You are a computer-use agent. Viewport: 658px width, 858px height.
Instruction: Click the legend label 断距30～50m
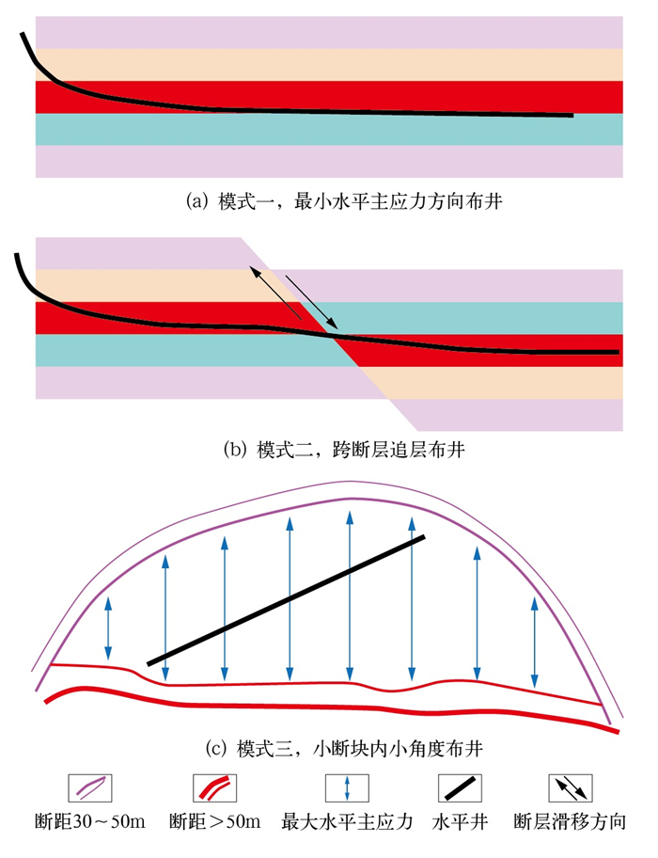click(x=90, y=822)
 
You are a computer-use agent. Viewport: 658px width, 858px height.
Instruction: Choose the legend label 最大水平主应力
click(x=347, y=822)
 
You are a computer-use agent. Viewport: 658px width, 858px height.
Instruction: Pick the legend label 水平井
click(x=460, y=822)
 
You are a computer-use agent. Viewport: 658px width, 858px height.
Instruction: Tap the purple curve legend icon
click(x=90, y=787)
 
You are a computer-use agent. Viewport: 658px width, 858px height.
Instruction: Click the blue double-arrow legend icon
click(x=348, y=787)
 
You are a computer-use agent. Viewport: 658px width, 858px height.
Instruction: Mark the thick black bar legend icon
click(x=460, y=787)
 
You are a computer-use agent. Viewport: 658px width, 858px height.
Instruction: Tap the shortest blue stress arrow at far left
click(x=109, y=628)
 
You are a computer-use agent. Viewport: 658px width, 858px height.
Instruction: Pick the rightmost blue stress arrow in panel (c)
click(x=535, y=643)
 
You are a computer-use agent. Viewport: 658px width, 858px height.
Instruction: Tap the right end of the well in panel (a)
click(x=570, y=116)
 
